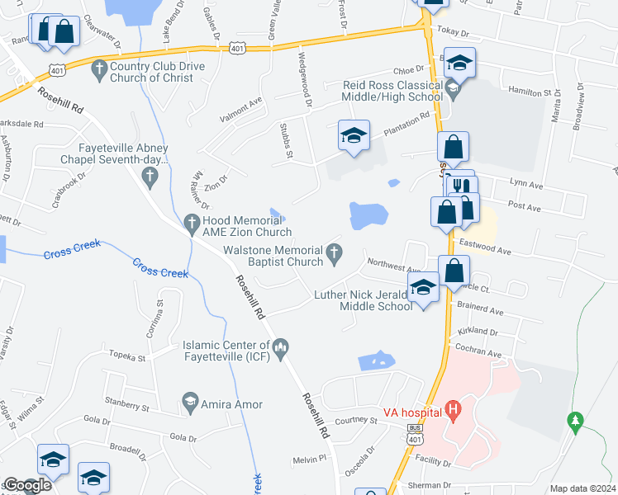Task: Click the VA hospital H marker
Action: click(452, 408)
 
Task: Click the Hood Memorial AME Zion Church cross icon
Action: click(192, 221)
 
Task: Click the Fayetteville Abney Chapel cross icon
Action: click(149, 175)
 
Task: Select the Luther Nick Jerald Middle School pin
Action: click(423, 289)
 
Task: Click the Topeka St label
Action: click(128, 358)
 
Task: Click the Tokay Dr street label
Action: click(453, 34)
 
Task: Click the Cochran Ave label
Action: click(480, 352)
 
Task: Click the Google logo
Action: click(26, 485)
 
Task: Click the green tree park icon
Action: click(575, 421)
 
